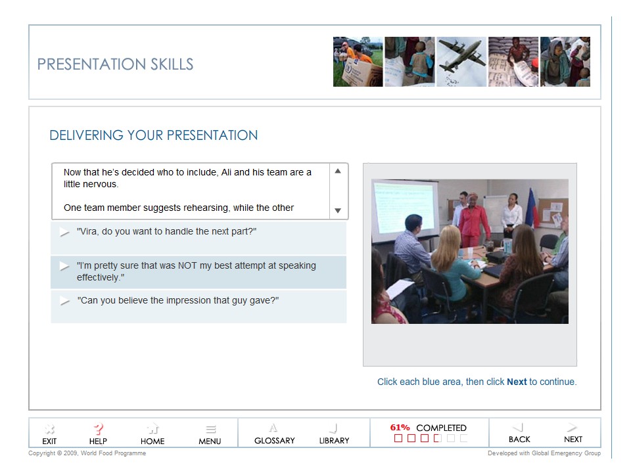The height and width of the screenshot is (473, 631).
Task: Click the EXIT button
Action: click(x=49, y=434)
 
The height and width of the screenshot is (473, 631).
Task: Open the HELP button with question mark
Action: click(x=98, y=434)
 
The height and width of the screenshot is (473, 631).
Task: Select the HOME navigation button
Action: click(x=152, y=434)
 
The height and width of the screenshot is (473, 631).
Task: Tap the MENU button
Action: click(x=210, y=434)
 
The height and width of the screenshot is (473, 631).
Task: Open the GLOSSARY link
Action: click(x=274, y=434)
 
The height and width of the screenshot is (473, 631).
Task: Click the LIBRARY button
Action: click(x=334, y=434)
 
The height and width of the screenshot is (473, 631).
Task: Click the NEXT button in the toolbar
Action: click(x=573, y=433)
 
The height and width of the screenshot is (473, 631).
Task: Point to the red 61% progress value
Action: click(x=400, y=428)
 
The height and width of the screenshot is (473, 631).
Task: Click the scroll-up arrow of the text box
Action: click(x=338, y=171)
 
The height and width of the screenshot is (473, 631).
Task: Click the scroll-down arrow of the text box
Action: click(x=338, y=211)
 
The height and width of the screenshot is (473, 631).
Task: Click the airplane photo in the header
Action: click(x=461, y=62)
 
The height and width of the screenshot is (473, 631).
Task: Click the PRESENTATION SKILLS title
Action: click(x=116, y=64)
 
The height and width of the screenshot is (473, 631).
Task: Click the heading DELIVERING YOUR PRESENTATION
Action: click(x=154, y=136)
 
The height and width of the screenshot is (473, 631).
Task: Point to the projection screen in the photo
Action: click(x=405, y=208)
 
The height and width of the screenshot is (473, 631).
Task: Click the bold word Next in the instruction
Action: click(x=517, y=382)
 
